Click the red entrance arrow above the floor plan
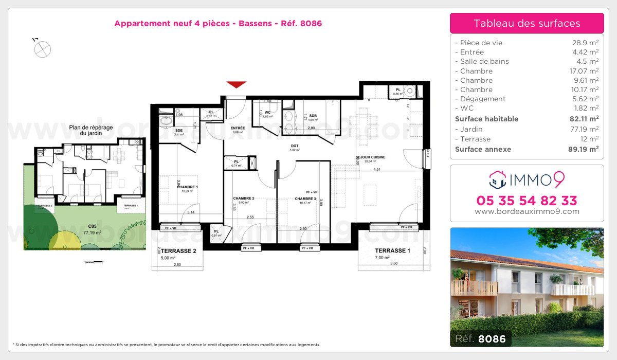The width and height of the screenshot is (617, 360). [x=237, y=84]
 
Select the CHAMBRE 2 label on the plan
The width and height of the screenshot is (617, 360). [x=244, y=199]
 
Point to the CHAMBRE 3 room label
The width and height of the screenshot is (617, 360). [x=305, y=199]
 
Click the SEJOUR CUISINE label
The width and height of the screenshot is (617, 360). [x=370, y=157]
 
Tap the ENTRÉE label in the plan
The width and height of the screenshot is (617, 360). [x=238, y=128]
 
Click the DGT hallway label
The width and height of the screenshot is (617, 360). [x=295, y=146]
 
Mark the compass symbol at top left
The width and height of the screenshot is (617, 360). [x=42, y=49]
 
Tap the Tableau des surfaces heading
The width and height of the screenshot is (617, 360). [x=527, y=23]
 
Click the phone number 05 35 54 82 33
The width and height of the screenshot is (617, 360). [x=527, y=201]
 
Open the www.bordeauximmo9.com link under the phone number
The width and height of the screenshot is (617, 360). [x=527, y=211]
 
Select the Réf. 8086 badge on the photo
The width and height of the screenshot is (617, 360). [x=480, y=339]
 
